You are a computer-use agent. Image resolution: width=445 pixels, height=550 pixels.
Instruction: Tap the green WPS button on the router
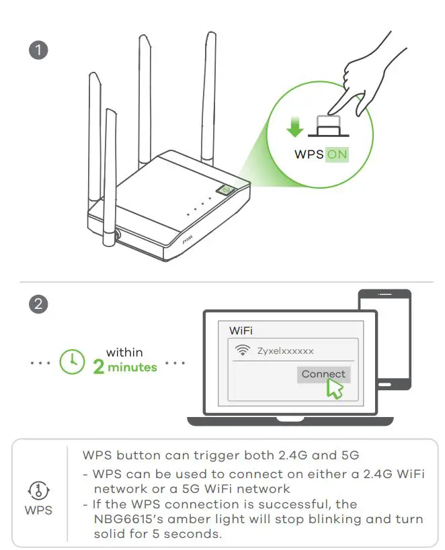[x=225, y=191]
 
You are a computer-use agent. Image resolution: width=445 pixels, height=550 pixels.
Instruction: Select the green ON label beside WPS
[x=337, y=154]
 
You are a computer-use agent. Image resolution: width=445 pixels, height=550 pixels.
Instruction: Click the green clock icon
[x=73, y=362]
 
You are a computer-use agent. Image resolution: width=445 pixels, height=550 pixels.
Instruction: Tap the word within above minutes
[x=124, y=353]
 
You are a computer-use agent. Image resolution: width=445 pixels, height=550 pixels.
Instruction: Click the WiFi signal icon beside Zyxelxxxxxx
[x=243, y=351]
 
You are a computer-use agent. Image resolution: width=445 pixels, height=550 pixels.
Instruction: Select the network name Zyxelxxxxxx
[x=285, y=351]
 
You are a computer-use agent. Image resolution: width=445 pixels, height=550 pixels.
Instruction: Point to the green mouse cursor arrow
[x=334, y=388]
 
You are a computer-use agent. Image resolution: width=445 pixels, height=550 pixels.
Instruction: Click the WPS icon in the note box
[x=38, y=490]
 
